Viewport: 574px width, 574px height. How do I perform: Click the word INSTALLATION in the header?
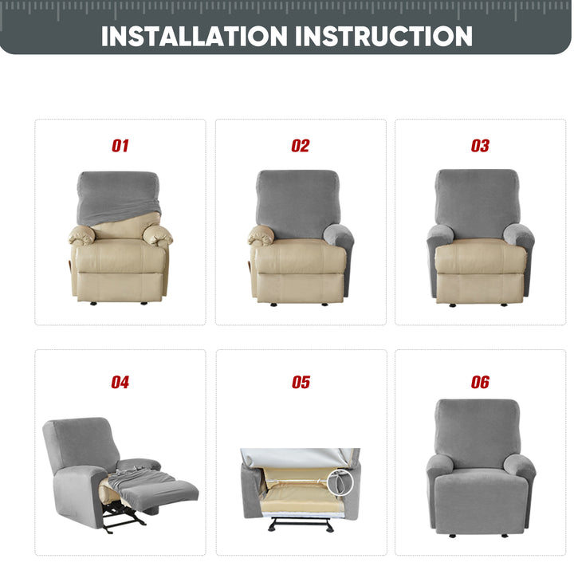[x=194, y=36]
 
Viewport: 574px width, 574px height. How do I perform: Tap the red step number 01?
[x=120, y=146]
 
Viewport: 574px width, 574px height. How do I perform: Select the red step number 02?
[x=301, y=146]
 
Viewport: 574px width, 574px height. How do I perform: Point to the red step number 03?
[x=480, y=146]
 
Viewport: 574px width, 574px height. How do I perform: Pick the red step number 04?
[x=120, y=382]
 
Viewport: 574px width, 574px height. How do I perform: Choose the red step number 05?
[x=301, y=382]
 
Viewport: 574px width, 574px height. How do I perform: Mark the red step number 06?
[x=480, y=382]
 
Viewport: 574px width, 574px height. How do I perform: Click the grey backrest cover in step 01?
[x=118, y=196]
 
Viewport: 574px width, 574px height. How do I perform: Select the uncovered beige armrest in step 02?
[x=261, y=235]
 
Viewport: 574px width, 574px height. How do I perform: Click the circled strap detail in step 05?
[x=340, y=483]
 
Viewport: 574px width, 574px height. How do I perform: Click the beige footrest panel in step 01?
[x=120, y=287]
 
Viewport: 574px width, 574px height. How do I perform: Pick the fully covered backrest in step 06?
[x=478, y=432]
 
